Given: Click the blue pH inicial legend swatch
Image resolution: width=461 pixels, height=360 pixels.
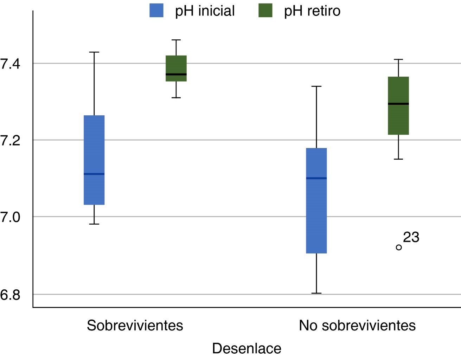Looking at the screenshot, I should pos(156,10).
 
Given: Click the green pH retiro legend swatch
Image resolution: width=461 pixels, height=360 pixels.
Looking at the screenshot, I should pos(265,10).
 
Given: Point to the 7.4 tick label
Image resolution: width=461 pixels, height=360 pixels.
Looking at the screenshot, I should pos(11,64).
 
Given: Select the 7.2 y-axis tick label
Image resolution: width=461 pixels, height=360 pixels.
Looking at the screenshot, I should pos(11,141).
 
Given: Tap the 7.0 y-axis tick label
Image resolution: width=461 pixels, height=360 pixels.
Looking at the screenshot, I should pos(11,217).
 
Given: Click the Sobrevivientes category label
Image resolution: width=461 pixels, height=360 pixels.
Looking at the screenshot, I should pos(135,326).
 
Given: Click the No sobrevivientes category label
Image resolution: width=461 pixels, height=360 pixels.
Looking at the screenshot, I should pos(357,326).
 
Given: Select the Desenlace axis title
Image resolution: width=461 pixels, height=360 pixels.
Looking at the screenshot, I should pos(246,348).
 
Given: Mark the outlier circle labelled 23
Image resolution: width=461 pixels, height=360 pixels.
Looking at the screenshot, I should pos(399,247).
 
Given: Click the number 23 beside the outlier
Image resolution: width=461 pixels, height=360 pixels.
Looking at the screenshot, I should pos(411,238).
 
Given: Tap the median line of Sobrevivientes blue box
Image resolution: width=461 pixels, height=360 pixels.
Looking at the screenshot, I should pos(94,174).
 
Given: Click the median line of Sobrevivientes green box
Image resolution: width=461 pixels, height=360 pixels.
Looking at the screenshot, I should pos(176,74).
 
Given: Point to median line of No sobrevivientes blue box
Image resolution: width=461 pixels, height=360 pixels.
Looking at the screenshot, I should pos(316,178).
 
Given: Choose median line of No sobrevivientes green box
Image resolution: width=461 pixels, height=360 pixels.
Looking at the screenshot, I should pos(398,104).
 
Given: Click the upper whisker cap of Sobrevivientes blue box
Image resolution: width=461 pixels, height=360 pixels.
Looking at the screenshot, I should pos(94,52).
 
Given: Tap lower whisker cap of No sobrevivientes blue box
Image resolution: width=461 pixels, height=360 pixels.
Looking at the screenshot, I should pos(316,293).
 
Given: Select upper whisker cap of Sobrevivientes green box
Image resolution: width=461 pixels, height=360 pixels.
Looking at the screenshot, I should pos(176,40).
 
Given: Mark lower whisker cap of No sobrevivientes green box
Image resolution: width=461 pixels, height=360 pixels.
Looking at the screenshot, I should pos(398,159).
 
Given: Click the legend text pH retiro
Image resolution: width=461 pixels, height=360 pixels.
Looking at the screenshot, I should pos(312,11).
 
